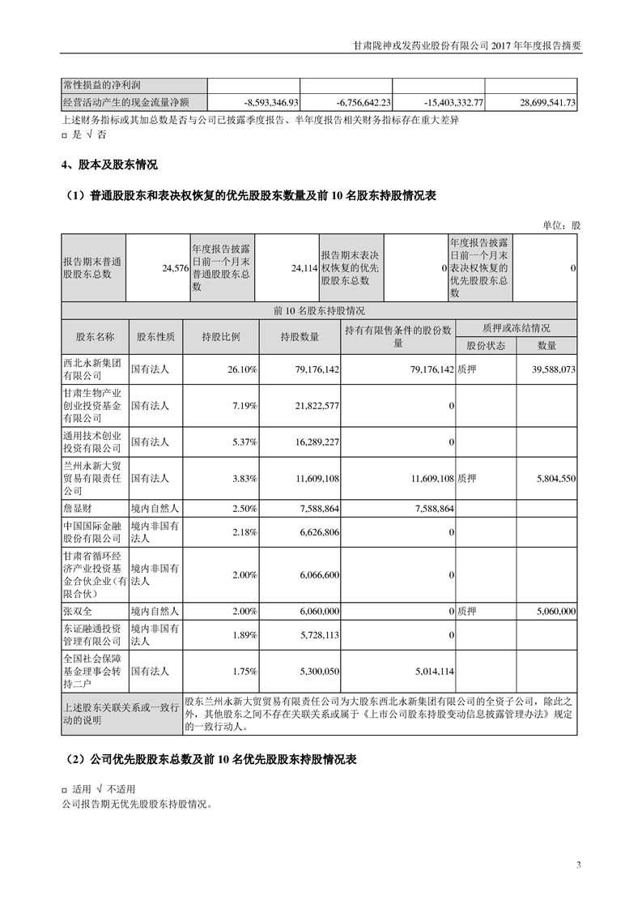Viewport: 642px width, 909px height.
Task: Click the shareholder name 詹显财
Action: click(x=80, y=508)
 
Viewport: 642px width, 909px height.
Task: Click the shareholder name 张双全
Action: click(x=80, y=611)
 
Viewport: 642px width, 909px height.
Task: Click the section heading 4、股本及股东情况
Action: click(x=109, y=164)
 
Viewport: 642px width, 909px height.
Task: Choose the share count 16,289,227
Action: click(x=312, y=442)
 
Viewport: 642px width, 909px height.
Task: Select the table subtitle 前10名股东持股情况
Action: click(x=320, y=311)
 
